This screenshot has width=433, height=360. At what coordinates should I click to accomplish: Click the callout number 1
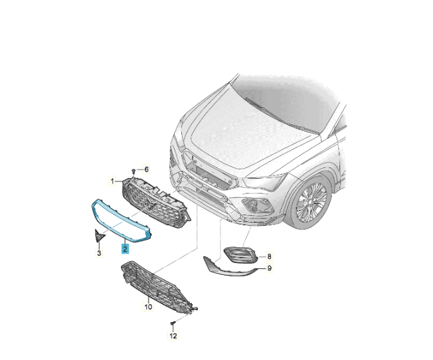click(x=112, y=181)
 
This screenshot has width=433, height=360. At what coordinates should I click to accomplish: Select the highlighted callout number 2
click(x=125, y=249)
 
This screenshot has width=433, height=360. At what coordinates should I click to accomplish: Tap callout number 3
click(x=99, y=252)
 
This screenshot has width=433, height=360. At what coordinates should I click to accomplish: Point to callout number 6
click(x=146, y=169)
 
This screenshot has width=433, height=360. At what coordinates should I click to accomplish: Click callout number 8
click(x=269, y=256)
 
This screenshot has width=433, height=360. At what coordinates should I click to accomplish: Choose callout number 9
click(x=269, y=268)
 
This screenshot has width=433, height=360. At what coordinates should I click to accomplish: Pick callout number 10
click(x=148, y=307)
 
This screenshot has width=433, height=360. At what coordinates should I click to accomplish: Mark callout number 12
click(x=173, y=335)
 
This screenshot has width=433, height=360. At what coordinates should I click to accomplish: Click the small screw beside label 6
click(x=133, y=171)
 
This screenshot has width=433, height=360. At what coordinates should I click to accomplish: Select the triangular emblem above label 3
click(x=99, y=235)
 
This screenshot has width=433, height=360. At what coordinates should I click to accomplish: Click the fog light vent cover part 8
click(x=240, y=254)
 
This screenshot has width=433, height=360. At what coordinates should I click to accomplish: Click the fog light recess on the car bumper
click(x=257, y=205)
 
